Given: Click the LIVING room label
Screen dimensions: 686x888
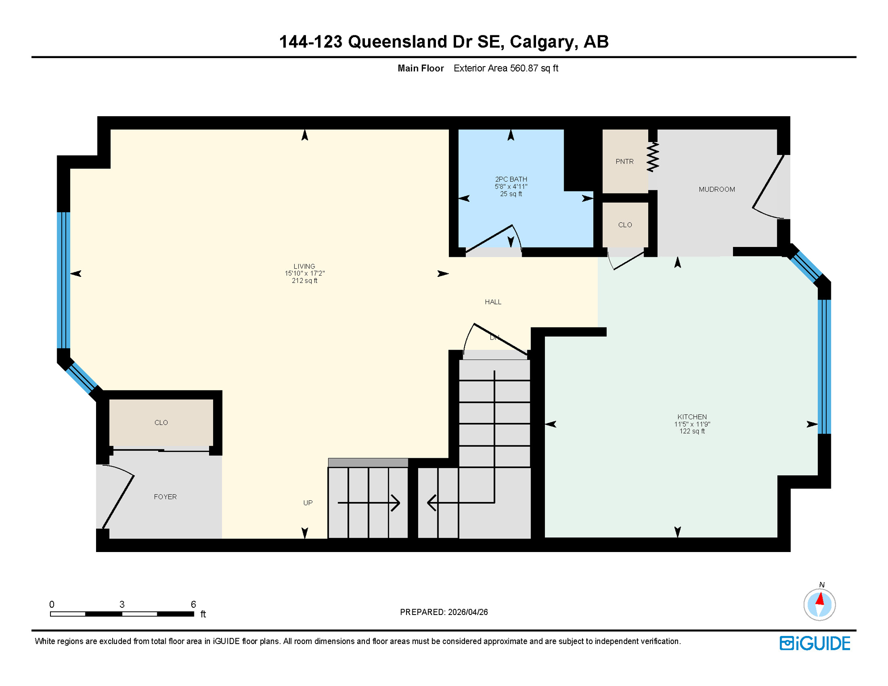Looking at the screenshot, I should click(304, 267).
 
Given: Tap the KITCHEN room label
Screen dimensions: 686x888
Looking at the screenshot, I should click(691, 417).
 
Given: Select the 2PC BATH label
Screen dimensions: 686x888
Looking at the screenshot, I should click(511, 180).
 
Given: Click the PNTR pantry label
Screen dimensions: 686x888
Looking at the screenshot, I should click(624, 162).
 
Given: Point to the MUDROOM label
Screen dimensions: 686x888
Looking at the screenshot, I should click(716, 189).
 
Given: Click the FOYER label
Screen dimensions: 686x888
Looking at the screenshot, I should click(165, 497).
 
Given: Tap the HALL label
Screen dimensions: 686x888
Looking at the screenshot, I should click(493, 302).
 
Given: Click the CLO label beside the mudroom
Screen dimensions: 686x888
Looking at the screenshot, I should click(624, 225).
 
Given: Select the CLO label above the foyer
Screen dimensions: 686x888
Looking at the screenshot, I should click(161, 422).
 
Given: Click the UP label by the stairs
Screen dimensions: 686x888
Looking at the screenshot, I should click(308, 503).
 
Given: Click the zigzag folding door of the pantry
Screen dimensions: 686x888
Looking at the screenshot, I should click(653, 157).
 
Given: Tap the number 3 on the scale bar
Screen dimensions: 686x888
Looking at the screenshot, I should click(122, 605).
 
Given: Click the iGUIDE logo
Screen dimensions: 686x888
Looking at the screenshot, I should click(815, 643).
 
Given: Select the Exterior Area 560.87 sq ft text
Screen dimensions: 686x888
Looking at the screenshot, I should click(506, 68).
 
